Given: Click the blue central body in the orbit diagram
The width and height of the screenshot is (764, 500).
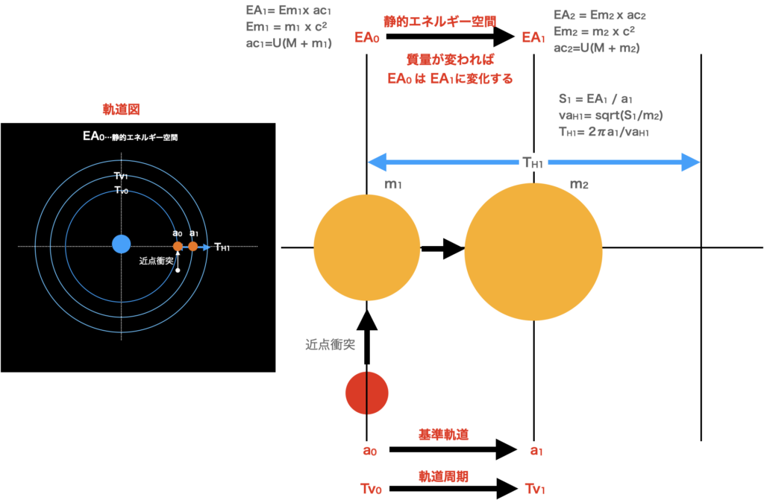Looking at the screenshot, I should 121,244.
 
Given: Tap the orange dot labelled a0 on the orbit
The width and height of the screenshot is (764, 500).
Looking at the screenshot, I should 178,246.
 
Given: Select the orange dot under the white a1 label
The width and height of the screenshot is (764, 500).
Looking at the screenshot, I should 193,246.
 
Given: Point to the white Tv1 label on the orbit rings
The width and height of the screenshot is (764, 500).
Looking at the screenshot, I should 121,176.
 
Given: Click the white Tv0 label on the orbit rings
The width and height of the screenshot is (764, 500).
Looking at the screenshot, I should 121,191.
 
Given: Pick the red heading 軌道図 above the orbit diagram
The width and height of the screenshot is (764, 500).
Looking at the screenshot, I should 121,110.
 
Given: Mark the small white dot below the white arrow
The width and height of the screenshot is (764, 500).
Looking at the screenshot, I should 178,270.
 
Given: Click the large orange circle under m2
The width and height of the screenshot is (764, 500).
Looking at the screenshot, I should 533,251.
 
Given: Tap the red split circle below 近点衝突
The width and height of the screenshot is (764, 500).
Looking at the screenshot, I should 367,393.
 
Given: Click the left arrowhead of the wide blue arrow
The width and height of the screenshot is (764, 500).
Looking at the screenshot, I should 376,162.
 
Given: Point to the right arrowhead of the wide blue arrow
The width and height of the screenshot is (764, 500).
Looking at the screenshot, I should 692,162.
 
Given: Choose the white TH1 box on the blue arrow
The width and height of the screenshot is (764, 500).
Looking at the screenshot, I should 534,162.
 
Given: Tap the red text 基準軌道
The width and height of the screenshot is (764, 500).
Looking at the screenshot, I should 443,435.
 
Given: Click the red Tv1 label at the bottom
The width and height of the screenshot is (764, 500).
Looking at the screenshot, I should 536,489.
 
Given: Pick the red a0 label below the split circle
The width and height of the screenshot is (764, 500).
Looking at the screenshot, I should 369,451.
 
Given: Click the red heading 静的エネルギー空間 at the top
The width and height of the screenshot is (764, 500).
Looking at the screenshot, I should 439,21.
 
